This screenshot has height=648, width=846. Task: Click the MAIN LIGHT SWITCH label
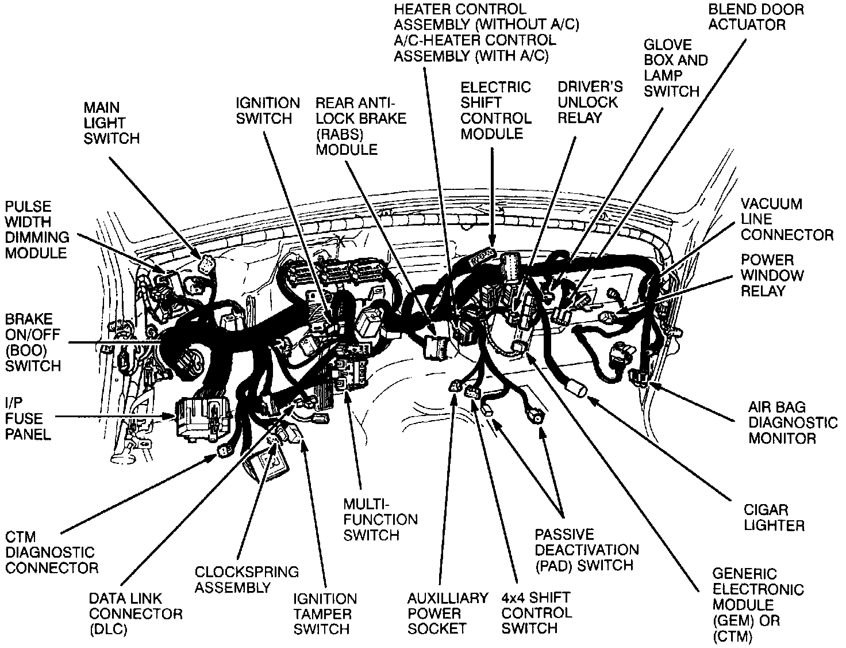[x=111, y=123]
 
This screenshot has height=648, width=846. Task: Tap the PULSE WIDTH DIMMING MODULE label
[x=37, y=230]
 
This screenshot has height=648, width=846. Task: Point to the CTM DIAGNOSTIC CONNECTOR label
[x=51, y=552]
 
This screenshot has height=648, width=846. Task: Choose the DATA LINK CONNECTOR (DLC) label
[x=136, y=614]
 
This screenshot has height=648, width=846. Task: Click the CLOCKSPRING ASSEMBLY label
[x=247, y=580]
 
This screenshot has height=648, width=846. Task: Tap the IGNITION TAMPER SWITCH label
[x=325, y=614]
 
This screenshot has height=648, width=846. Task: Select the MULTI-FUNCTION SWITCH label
[x=380, y=520]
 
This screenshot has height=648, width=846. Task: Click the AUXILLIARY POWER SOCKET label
[x=448, y=613]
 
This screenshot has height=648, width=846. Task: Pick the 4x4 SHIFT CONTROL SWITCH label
[x=536, y=613]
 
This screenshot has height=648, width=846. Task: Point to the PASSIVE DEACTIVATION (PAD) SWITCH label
[x=586, y=550]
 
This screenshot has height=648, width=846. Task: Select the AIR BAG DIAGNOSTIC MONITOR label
[x=793, y=422]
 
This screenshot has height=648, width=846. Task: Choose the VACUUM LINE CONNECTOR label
[x=786, y=219]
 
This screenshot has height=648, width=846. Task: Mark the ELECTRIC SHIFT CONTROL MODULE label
[x=495, y=110]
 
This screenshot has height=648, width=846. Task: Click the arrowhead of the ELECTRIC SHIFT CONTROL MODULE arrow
[x=493, y=242]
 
